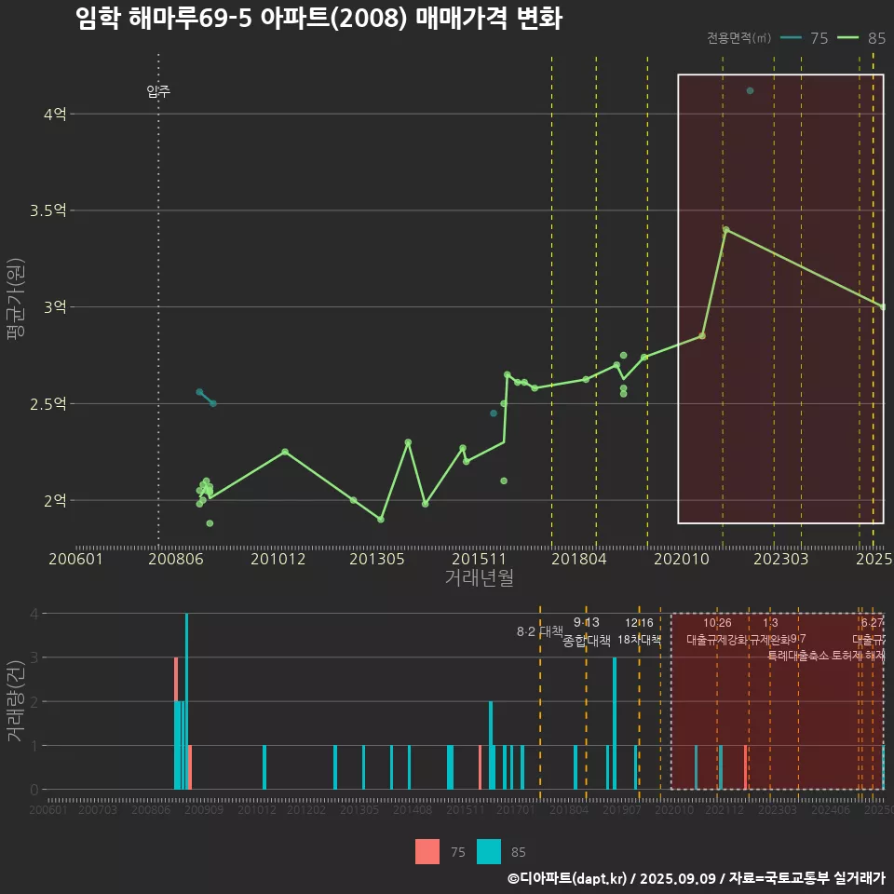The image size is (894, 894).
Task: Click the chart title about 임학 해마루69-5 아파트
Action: (x=318, y=19)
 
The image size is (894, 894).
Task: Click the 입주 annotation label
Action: (x=158, y=91)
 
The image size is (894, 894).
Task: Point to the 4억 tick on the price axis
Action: (x=54, y=115)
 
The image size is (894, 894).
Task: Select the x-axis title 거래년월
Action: (x=479, y=578)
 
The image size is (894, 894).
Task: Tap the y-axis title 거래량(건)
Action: (x=15, y=701)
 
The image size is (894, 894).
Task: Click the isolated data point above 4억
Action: (x=750, y=90)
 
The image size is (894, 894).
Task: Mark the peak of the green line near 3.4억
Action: (x=725, y=229)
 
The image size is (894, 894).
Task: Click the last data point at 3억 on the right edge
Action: (x=882, y=306)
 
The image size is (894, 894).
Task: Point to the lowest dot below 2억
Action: (x=210, y=523)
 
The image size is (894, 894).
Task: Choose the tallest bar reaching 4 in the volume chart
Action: (x=186, y=700)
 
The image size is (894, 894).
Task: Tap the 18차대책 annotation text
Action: (x=639, y=640)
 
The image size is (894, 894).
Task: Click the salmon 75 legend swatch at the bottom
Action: (x=427, y=851)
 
